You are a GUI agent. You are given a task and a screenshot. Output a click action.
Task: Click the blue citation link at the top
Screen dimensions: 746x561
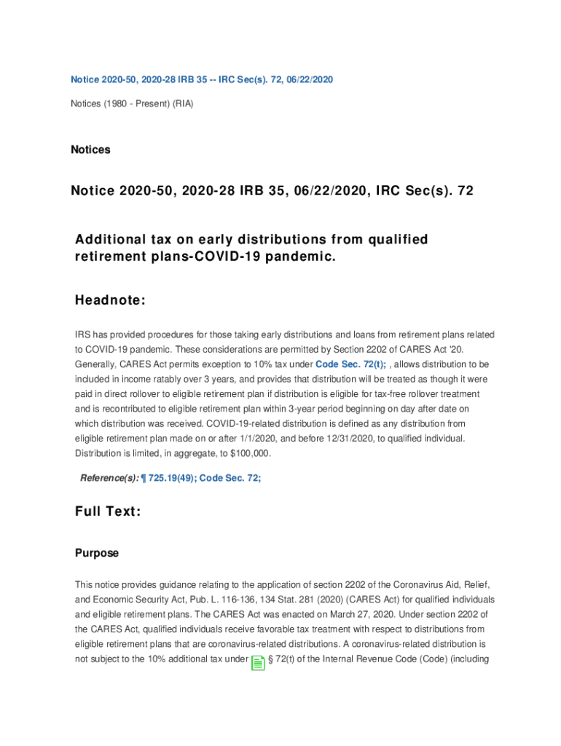click(x=201, y=79)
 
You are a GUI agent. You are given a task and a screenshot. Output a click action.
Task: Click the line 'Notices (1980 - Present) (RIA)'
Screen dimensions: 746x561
click(x=132, y=103)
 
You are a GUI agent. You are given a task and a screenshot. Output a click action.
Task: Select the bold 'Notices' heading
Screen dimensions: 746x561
click(x=90, y=149)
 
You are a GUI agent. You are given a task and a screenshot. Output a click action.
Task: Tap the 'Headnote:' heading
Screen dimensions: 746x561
click(x=110, y=301)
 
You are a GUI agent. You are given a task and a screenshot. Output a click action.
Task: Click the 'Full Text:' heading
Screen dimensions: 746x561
click(x=108, y=511)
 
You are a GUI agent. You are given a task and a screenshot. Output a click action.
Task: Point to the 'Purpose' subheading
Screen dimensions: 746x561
click(x=97, y=553)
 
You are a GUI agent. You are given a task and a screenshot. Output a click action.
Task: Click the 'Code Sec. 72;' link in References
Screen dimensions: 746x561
click(x=230, y=478)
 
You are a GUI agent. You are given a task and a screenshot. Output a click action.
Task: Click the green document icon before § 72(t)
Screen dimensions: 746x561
click(x=258, y=662)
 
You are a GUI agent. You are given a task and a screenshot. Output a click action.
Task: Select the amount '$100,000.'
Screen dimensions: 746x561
click(x=248, y=453)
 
